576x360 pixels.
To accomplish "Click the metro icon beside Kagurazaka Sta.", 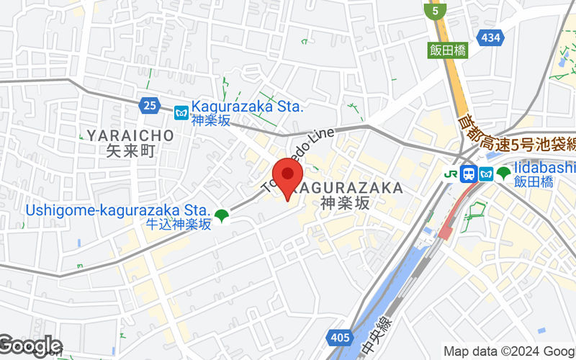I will pyautogui.click(x=181, y=112).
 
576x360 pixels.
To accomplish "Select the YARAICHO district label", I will pyautogui.click(x=130, y=135).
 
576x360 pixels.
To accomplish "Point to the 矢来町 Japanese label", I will pyautogui.click(x=131, y=151).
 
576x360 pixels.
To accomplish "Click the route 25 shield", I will pyautogui.click(x=149, y=106).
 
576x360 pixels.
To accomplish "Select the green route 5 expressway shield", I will pyautogui.click(x=433, y=12).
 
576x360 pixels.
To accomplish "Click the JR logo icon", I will pyautogui.click(x=451, y=174).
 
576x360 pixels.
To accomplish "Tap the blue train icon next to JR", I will pyautogui.click(x=469, y=174).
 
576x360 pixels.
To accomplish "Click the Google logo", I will pyautogui.click(x=30, y=346).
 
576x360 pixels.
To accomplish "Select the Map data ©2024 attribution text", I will pyautogui.click(x=508, y=351).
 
